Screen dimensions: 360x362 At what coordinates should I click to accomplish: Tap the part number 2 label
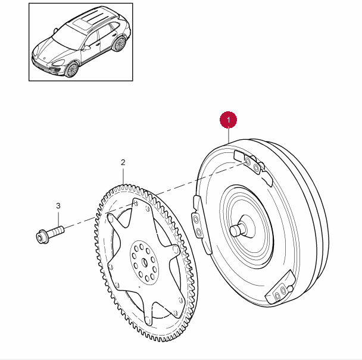click(x=123, y=162)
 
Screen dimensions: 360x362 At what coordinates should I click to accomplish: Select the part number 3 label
click(x=58, y=206)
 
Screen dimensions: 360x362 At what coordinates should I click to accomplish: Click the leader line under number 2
click(x=123, y=176)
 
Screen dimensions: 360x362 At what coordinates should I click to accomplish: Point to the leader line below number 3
click(x=58, y=217)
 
